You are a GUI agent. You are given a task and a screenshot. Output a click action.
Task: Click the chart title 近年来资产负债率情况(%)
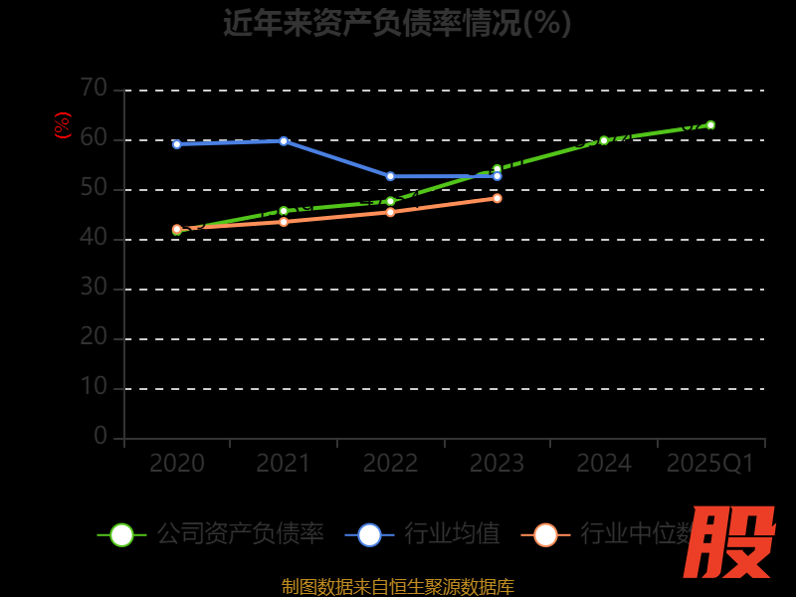point(397,23)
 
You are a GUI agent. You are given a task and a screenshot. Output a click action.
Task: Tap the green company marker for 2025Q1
point(710,125)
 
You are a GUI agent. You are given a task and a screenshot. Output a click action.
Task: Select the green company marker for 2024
point(604,140)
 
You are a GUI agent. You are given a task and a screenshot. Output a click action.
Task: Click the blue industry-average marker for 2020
point(177,144)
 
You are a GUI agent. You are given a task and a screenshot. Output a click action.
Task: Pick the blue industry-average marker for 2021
point(284,141)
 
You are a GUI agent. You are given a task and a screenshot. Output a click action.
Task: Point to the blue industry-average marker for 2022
point(390,176)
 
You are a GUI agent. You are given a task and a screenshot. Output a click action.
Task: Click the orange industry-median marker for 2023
point(497,198)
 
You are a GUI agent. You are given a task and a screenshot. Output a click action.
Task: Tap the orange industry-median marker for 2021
point(284,222)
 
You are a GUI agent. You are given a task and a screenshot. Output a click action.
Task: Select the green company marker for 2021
point(284,211)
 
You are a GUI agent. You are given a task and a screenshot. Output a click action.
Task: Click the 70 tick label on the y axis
point(94,89)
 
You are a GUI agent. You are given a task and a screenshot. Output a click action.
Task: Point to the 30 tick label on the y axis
point(94,288)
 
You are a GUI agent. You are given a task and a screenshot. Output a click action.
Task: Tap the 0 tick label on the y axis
point(100,437)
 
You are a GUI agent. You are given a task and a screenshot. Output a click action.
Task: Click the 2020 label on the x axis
point(177,464)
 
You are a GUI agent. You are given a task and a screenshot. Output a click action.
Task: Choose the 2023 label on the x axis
point(497,464)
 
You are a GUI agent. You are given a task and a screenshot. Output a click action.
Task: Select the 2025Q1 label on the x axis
point(710,464)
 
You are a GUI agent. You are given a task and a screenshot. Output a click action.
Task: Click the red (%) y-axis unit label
point(62,125)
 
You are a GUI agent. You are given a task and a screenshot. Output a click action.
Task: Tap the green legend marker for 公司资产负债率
point(121,534)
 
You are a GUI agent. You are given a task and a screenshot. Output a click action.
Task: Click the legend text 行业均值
point(452,534)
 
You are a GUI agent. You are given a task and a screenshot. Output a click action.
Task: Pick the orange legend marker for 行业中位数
point(545,534)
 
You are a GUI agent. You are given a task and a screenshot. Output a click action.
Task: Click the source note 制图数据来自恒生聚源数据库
point(397,587)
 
